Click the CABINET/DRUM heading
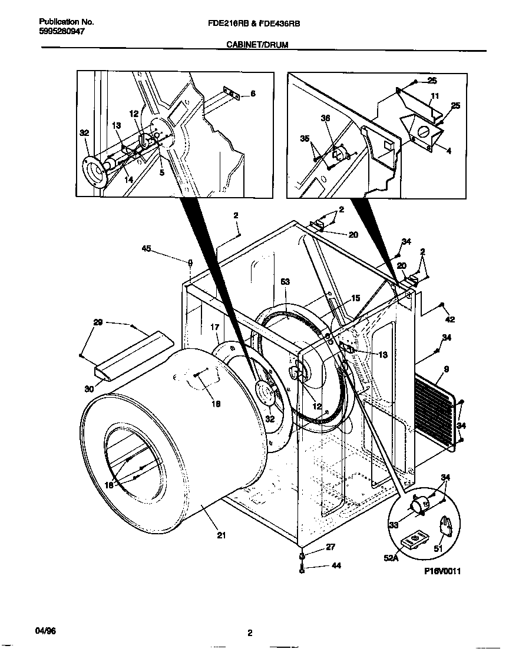[257, 44]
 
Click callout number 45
[146, 249]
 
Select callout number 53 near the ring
[285, 283]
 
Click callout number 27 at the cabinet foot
[330, 547]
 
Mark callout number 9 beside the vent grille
[446, 370]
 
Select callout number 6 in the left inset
[253, 93]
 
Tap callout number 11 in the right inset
[434, 95]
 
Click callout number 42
[450, 319]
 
